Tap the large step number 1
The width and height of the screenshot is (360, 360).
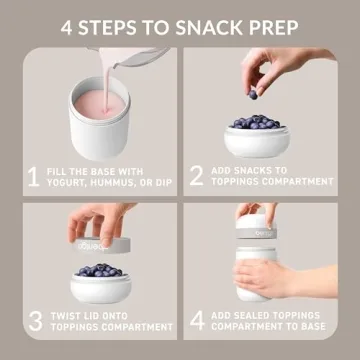(33, 177)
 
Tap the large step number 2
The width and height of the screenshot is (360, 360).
(196, 177)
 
